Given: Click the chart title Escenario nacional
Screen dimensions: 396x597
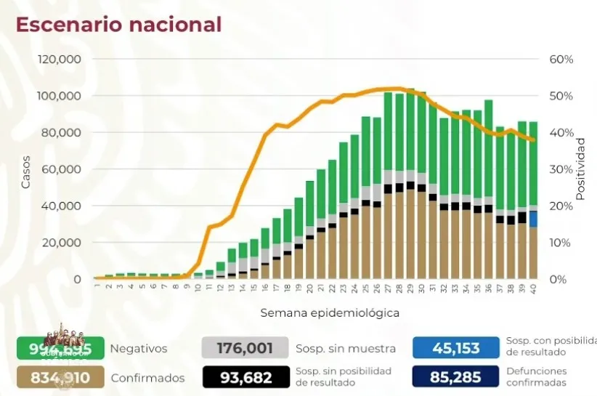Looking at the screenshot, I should tap(118, 24).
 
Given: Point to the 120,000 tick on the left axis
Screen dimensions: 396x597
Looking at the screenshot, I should tap(60, 59).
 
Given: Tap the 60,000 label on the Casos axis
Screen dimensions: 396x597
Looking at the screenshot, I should tap(63, 169).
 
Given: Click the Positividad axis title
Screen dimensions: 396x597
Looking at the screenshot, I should tap(580, 169).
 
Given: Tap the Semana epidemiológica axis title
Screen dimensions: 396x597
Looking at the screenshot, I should tap(330, 312).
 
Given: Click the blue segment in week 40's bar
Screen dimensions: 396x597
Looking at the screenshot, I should tap(533, 219).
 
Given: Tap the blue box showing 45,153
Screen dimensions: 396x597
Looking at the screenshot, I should tap(456, 349).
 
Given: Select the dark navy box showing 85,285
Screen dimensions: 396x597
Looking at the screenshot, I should tap(456, 377).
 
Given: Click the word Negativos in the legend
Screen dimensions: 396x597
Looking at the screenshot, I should tap(138, 349).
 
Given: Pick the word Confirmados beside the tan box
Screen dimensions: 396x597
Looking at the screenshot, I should tap(147, 378).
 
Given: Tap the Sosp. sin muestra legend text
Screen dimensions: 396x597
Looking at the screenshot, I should tap(338, 349).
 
